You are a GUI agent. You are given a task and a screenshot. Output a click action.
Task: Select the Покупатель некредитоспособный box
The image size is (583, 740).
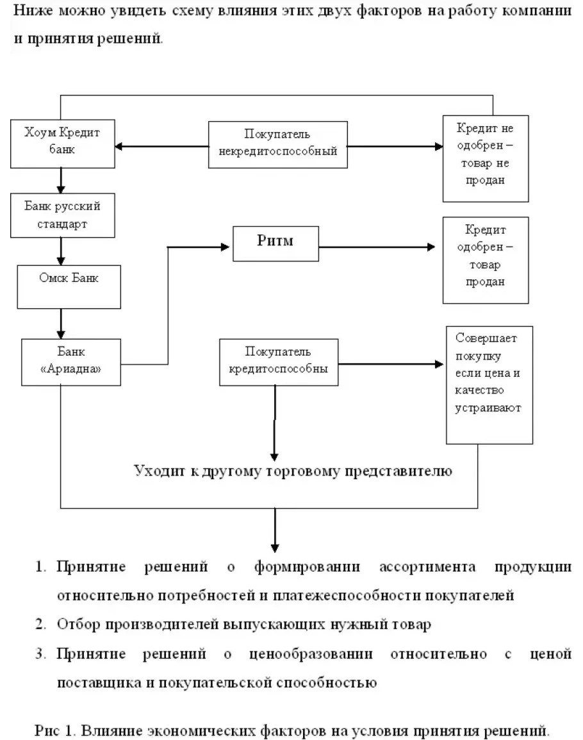[277, 144]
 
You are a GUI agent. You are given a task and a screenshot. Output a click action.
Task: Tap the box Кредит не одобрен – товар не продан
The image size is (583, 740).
[486, 157]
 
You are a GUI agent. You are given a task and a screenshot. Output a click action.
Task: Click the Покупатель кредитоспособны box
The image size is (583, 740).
[278, 362]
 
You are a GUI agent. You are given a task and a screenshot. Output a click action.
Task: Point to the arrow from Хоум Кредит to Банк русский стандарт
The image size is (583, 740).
[61, 181]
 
